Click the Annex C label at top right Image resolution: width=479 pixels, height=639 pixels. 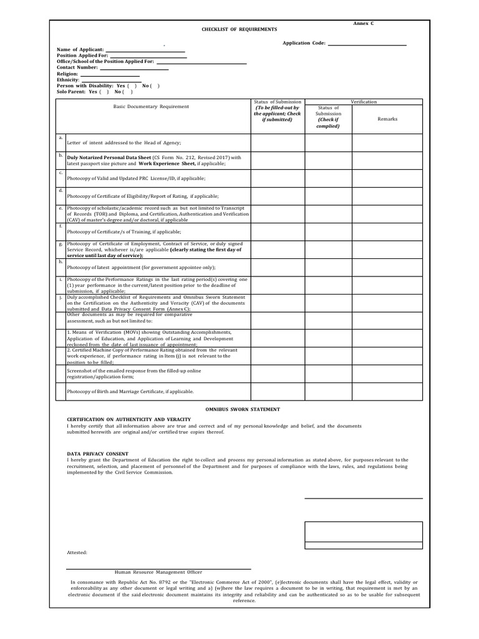tap(363, 23)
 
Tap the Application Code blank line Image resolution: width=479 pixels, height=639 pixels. tap(367, 44)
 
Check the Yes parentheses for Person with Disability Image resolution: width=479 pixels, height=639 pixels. tap(132, 85)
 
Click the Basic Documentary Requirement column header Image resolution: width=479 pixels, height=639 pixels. tap(151, 107)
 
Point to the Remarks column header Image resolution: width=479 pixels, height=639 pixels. tap(387, 119)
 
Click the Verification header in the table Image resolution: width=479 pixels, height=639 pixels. tap(363, 102)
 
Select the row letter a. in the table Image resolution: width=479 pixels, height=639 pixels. tap(60, 137)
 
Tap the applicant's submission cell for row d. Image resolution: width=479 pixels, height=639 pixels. tap(277, 195)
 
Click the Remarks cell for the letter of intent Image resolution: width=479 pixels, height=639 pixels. tap(387, 142)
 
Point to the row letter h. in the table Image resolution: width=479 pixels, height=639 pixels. tap(60, 262)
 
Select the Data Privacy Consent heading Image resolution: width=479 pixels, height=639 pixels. tap(97, 454)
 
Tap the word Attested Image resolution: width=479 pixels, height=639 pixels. tap(77, 553)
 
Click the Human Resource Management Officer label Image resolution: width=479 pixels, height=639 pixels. tap(158, 572)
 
